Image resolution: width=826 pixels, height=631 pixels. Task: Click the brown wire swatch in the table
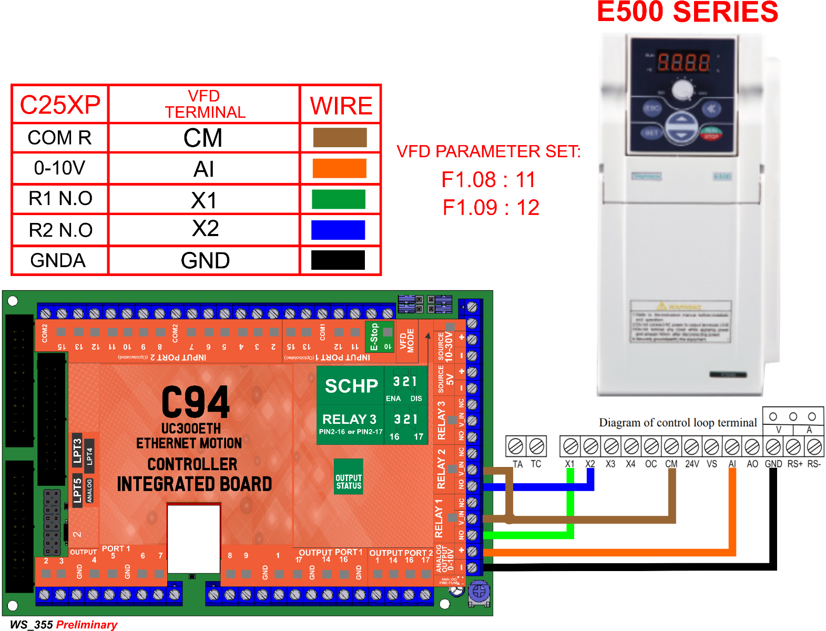click(340, 137)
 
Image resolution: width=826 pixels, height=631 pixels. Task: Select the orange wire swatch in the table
click(339, 168)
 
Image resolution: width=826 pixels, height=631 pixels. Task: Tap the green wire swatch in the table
click(339, 199)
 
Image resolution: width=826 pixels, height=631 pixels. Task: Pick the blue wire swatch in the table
click(338, 230)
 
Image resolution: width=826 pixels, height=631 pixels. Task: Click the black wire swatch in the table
click(338, 260)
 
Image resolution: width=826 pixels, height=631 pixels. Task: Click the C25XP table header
click(60, 105)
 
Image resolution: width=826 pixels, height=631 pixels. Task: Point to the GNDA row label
click(58, 260)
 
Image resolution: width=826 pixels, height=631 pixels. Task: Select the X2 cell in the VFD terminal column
click(205, 229)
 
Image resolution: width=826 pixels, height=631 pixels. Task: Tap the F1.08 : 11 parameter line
click(488, 180)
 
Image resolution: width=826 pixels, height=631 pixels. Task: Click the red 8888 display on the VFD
click(683, 63)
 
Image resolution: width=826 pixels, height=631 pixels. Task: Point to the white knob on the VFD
click(682, 89)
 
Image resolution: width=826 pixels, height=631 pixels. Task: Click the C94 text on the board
click(195, 402)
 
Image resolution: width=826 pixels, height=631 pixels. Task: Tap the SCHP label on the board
click(351, 386)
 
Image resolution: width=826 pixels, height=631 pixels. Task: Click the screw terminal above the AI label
click(732, 447)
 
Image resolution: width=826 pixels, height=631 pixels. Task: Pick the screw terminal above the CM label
click(671, 447)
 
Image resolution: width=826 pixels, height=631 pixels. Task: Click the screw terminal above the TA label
click(516, 446)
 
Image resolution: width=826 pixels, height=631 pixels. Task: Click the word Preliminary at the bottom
click(87, 625)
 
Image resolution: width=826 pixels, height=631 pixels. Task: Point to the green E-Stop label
click(374, 337)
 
